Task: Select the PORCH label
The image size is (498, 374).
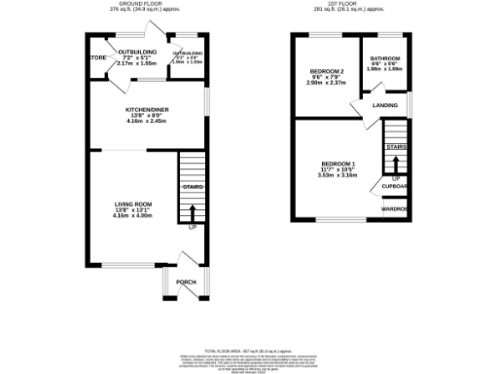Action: tap(186, 282)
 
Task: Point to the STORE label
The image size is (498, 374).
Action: tap(96, 56)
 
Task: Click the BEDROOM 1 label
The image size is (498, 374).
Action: tap(339, 165)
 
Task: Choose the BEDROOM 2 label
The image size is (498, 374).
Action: tap(326, 72)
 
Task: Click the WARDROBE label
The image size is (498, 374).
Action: tap(394, 208)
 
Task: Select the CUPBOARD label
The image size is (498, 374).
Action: tap(394, 186)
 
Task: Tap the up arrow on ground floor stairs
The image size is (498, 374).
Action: tap(192, 214)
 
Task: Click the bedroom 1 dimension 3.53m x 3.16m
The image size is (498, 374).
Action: tap(339, 176)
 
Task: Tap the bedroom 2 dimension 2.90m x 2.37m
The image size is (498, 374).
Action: tap(326, 84)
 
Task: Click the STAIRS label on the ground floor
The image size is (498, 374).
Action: tap(192, 186)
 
